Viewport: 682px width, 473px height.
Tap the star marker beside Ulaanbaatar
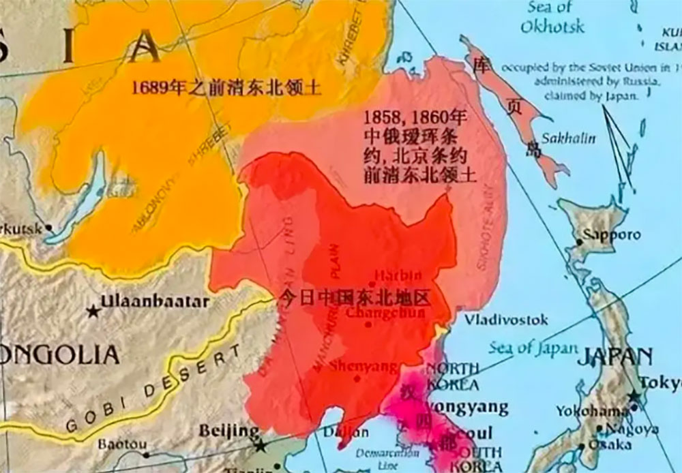coord(93,311)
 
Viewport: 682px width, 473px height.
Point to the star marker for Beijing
coord(260,446)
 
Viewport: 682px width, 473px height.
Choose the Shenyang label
coord(364,367)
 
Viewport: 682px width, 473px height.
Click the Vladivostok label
coord(506,319)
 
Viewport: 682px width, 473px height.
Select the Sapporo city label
coord(611,234)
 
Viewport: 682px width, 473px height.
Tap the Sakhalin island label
coord(568,138)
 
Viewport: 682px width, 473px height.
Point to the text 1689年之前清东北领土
coord(226,88)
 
